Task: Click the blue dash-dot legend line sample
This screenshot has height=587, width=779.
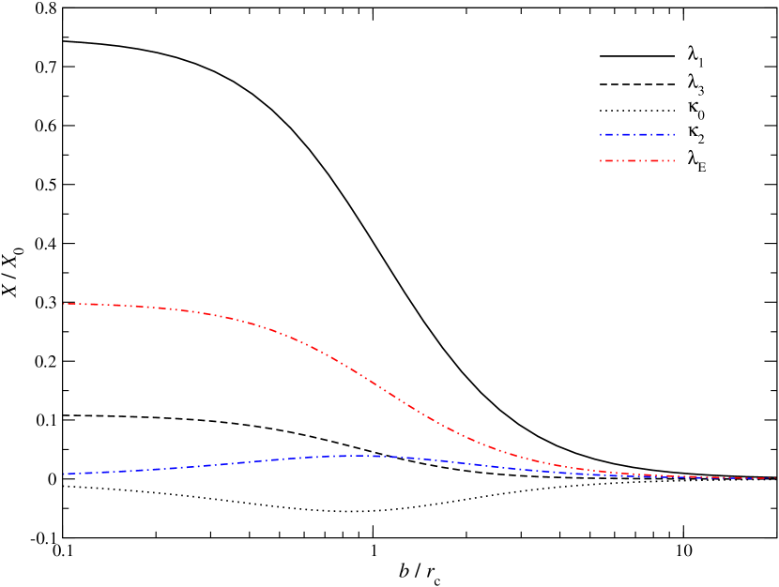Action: [x=637, y=134]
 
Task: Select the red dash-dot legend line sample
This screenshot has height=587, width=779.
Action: [x=637, y=160]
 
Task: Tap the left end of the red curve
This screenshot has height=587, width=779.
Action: [x=63, y=304]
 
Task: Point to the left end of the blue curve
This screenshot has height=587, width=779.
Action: [x=63, y=474]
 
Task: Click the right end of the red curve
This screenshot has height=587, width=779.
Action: [x=775, y=478]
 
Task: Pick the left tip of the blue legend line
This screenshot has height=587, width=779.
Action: [x=601, y=134]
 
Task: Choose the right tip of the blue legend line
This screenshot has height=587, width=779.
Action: [x=674, y=134]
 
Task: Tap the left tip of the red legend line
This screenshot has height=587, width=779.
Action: [x=601, y=160]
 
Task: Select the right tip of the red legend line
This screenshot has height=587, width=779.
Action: [x=674, y=160]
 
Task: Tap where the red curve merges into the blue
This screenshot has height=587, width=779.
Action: [x=657, y=475]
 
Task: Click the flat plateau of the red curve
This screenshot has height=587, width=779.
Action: [x=113, y=305]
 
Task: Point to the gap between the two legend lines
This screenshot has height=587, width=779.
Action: [x=637, y=147]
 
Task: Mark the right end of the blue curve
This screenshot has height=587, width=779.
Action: [x=775, y=478]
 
